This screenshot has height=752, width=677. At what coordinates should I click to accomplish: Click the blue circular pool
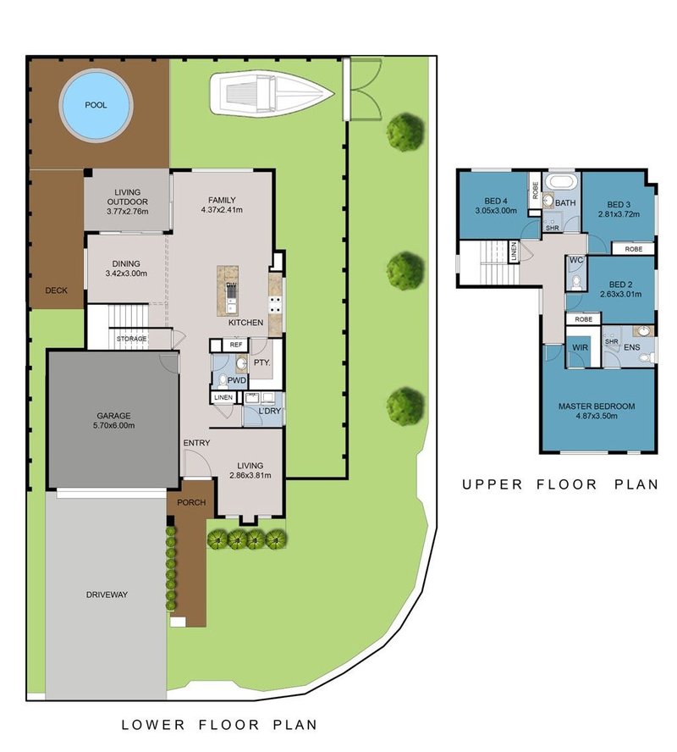[96, 105]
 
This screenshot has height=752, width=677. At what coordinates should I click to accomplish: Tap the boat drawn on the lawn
[271, 93]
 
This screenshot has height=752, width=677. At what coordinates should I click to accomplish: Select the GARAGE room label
[113, 416]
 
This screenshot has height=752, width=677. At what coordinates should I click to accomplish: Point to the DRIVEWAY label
[107, 594]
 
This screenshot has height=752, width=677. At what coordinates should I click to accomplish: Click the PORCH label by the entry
[191, 503]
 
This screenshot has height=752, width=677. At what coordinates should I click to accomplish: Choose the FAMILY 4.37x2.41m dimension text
[222, 209]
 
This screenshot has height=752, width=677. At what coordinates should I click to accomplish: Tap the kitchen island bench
[228, 290]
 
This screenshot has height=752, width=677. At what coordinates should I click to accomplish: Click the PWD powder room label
[237, 380]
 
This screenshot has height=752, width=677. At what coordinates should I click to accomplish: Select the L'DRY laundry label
[270, 411]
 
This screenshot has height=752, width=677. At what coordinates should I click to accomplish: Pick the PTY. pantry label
[262, 362]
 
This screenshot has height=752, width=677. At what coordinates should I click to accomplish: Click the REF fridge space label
[236, 345]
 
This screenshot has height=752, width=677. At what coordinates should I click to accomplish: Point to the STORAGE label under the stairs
[132, 339]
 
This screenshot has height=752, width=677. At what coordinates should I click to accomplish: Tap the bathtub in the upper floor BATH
[564, 182]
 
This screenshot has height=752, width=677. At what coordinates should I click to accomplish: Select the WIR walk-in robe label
[581, 348]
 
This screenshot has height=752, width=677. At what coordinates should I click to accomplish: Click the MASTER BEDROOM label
[597, 406]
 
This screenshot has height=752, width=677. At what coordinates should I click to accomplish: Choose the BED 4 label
[496, 201]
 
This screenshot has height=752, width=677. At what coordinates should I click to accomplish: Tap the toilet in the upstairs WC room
[576, 283]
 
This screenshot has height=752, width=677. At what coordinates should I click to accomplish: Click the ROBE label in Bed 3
[633, 249]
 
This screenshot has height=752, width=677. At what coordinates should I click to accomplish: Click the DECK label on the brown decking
[56, 290]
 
